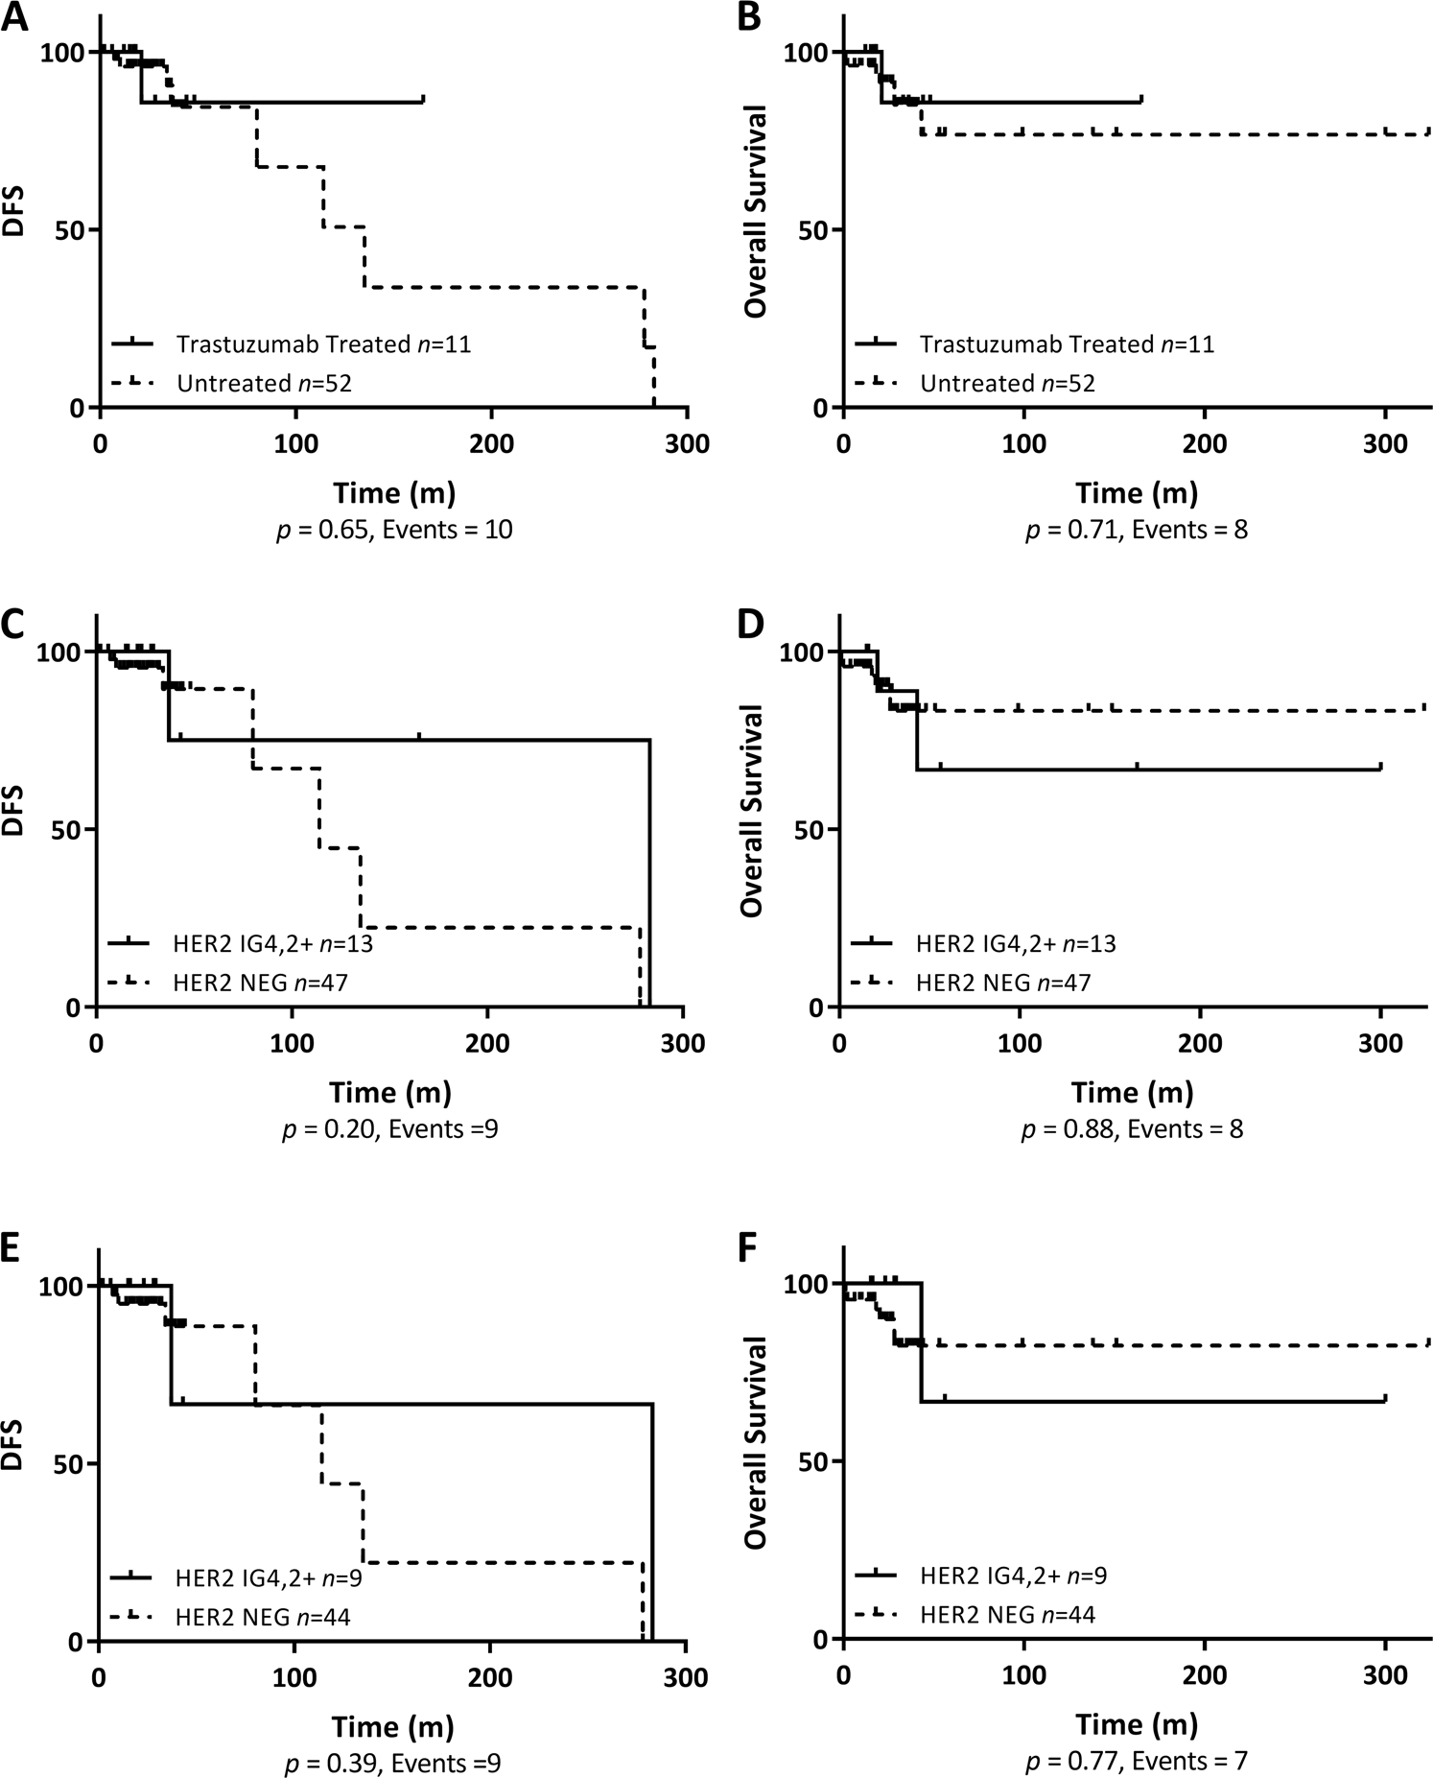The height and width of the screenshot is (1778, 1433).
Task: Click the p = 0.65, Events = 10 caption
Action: point(394,530)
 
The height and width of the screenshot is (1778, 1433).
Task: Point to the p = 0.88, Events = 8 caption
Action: point(1132,1129)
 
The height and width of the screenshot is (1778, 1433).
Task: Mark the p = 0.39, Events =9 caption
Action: point(392,1763)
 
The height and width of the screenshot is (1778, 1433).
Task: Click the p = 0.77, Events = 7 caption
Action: point(1136,1761)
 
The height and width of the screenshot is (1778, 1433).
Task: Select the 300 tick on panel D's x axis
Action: point(1380,1044)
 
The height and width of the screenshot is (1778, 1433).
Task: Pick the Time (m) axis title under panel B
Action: point(1137,493)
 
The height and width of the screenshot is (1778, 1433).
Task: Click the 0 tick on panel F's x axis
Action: point(843,1676)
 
